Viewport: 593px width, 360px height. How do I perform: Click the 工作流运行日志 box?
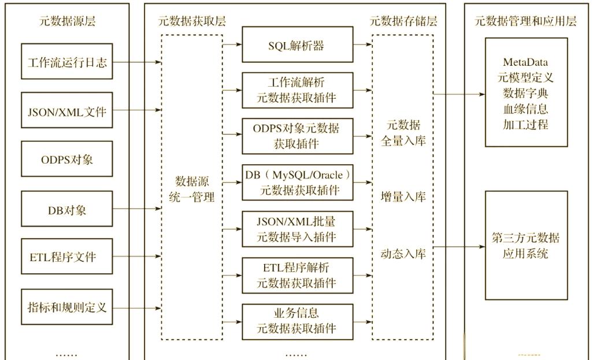click(67, 62)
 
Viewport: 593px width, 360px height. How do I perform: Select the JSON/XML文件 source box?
click(67, 110)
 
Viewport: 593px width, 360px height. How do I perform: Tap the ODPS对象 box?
click(67, 159)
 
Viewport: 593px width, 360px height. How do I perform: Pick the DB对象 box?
click(67, 209)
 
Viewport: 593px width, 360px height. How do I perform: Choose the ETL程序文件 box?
click(67, 257)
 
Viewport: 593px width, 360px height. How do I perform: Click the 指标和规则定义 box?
click(67, 306)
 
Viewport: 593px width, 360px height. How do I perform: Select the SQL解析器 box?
click(297, 44)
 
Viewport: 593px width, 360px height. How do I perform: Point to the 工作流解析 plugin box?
click(297, 90)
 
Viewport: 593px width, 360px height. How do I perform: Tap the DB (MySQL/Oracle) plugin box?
click(297, 182)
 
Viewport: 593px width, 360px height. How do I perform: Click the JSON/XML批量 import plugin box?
click(297, 229)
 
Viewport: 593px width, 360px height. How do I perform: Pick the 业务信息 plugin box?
click(297, 322)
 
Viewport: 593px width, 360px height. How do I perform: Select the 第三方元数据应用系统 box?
click(525, 246)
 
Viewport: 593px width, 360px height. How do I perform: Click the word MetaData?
click(525, 62)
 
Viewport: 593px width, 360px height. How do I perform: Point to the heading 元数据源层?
click(67, 22)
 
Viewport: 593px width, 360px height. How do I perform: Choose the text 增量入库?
click(403, 197)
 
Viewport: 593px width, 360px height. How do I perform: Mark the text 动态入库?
click(403, 253)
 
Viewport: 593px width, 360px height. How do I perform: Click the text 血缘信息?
click(525, 109)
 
